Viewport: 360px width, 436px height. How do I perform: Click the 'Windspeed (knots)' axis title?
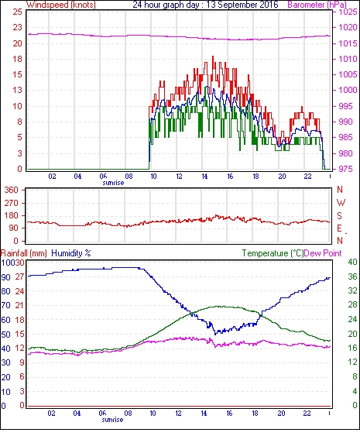(61, 5)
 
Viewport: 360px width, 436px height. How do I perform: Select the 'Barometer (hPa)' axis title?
(317, 5)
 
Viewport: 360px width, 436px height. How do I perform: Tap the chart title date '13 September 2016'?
(242, 5)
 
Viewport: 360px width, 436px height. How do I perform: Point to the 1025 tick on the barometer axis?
(348, 12)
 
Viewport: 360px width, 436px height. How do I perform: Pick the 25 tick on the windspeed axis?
(18, 12)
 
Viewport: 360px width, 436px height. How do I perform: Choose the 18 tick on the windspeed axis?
(18, 59)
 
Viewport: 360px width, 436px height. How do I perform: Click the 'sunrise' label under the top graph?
(113, 183)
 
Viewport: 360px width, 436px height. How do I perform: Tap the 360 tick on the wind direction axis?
(12, 191)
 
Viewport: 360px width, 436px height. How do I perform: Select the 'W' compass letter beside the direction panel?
(341, 203)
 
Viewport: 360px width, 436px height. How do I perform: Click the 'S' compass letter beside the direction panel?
(339, 216)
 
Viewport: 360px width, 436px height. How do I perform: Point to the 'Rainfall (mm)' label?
(24, 253)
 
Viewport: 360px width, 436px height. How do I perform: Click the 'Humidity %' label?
(71, 253)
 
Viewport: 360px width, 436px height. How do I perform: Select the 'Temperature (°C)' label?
(273, 253)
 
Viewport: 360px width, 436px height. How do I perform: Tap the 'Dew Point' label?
(323, 253)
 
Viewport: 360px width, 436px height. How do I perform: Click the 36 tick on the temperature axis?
(352, 276)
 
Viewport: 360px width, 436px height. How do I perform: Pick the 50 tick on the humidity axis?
(6, 335)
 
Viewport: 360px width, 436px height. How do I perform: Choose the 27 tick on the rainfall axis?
(19, 276)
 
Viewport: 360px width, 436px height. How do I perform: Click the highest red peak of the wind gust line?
(213, 57)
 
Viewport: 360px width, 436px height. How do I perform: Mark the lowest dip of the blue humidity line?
(215, 334)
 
